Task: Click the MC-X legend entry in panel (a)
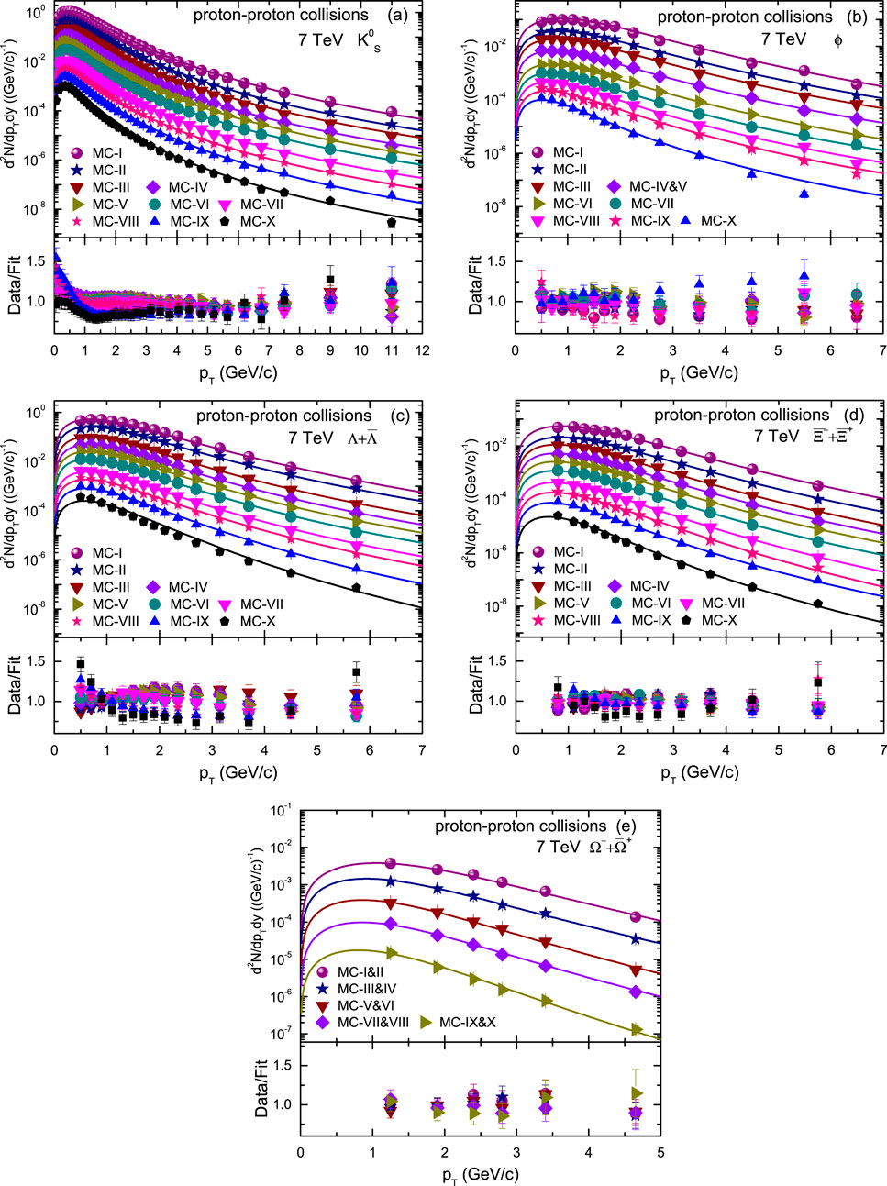click(x=250, y=221)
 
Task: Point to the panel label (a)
click(x=402, y=15)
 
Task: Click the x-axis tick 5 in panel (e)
click(x=660, y=1153)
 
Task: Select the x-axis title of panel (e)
click(x=481, y=1173)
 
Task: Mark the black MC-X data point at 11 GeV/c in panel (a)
click(x=392, y=222)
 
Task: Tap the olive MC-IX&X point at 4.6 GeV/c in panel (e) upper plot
click(x=637, y=1030)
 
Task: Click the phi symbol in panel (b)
click(x=837, y=39)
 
